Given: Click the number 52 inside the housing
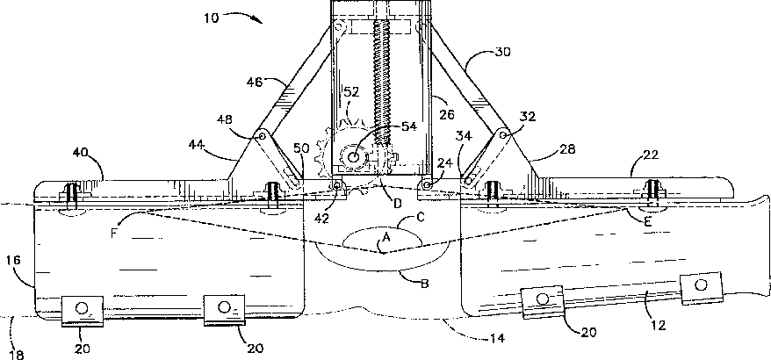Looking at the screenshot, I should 351,92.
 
